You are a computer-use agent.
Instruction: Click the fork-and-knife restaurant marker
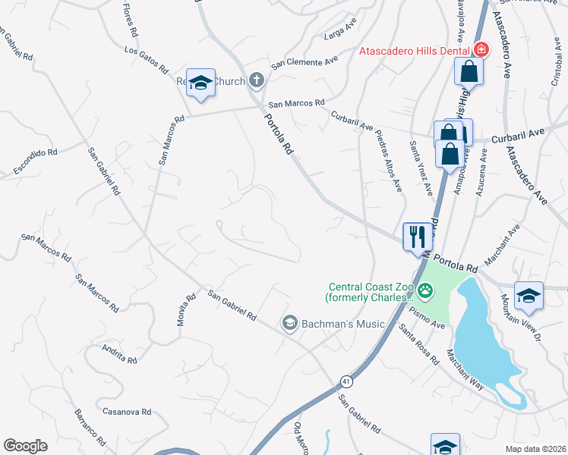coord(416,236)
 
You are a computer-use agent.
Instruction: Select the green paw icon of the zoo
coord(427,290)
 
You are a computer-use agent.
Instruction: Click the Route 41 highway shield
coord(346,380)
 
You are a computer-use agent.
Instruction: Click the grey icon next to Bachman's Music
coord(289,324)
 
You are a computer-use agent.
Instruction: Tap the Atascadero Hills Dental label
coord(415,51)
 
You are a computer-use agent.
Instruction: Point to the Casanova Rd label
coord(128,412)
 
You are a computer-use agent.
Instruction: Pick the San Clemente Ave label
coord(305,62)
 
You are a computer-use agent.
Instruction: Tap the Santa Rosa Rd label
coord(419,344)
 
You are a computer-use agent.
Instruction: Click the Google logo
coord(25,446)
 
